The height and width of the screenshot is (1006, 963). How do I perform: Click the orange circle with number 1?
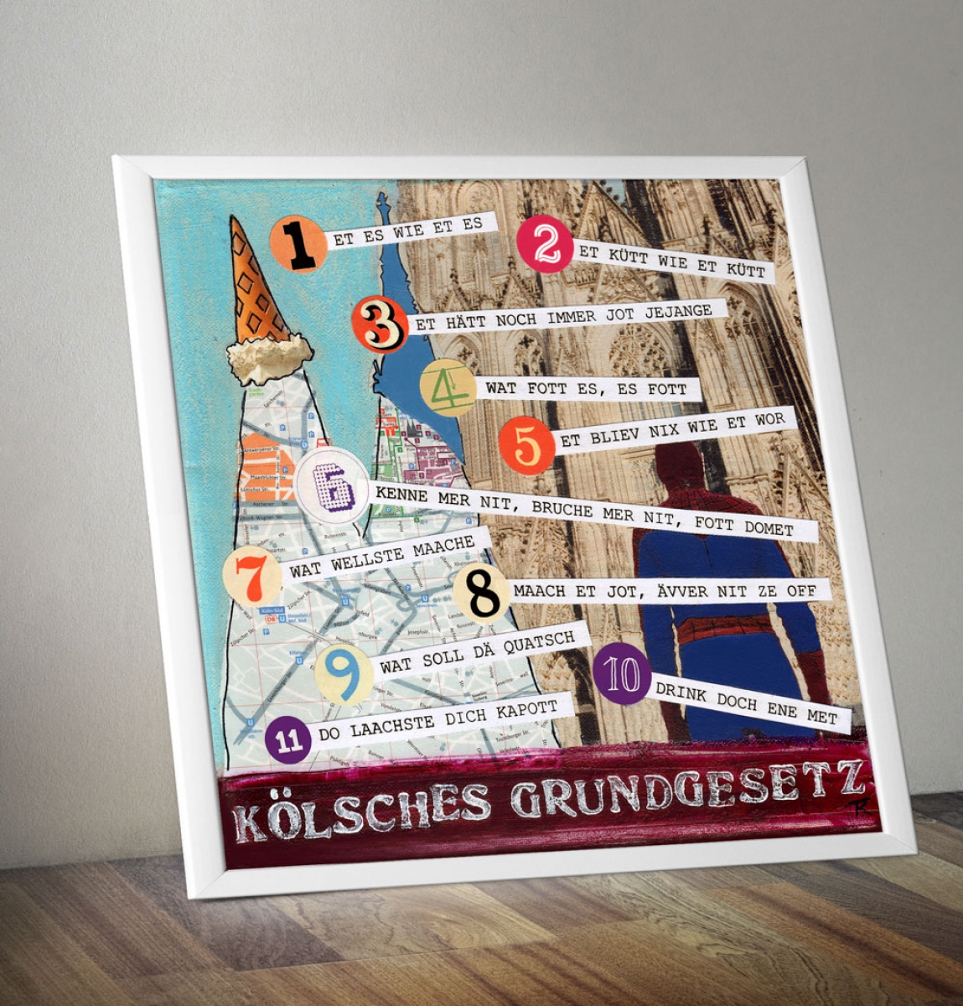pos(298,244)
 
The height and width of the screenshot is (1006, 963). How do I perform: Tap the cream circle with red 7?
pos(252,575)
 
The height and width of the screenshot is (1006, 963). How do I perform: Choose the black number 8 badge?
pos(481,594)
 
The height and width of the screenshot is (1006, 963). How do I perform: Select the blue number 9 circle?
pos(344,673)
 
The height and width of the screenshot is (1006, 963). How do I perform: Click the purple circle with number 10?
pos(622,674)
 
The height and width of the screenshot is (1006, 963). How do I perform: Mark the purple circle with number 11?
pos(288,740)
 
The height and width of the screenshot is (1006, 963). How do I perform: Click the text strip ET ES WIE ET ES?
pos(408,230)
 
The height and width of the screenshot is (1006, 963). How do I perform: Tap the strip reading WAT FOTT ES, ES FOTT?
pos(586,389)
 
